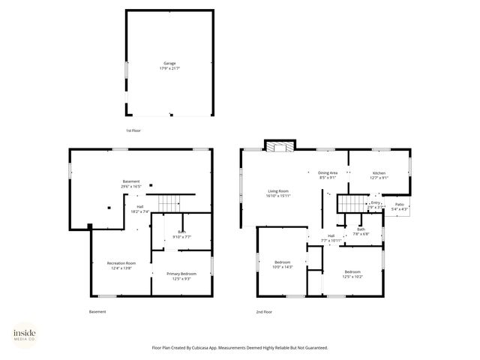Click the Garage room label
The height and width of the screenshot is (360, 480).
169,65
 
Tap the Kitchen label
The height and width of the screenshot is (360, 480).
379,175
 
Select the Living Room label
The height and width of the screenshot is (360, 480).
278,193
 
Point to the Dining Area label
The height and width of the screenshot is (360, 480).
328,175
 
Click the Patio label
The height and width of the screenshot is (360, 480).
400,206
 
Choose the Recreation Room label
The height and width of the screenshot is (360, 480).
121,265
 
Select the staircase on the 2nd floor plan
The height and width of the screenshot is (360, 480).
350,203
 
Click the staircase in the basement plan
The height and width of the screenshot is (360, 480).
172,202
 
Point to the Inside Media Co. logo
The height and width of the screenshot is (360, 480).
25,335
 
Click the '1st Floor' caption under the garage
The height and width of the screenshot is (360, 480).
133,130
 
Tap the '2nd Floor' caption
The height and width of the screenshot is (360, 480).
263,311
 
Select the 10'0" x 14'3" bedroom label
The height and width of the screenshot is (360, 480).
283,265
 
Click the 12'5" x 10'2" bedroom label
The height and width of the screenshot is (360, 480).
352,274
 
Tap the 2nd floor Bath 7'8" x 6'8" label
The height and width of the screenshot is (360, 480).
361,231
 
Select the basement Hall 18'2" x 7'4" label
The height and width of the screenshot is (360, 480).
139,209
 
